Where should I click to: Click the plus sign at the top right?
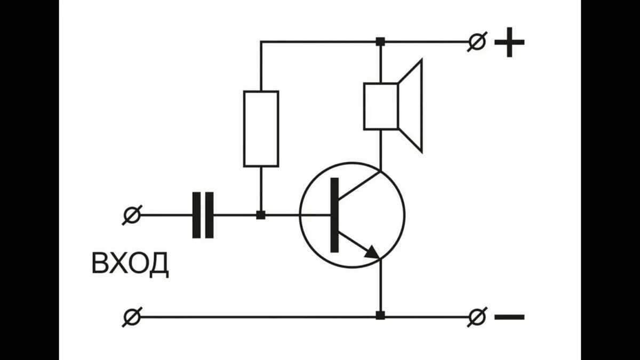coord(509,42)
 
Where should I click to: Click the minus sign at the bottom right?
coord(509,317)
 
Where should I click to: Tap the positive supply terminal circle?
coord(477,42)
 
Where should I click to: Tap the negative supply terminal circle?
coord(477,317)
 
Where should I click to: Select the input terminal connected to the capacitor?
coord(131,215)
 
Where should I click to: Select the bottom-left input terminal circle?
coord(131,317)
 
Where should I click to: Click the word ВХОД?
coord(131,264)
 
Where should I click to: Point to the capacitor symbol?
coord(203,215)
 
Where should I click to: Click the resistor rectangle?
coord(261,129)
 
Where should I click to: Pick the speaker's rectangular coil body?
coord(381,106)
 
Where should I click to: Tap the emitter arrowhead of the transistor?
coord(373,252)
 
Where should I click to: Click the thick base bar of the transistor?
coord(334,215)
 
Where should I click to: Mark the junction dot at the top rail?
coord(380,42)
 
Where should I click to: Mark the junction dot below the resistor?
coord(261,215)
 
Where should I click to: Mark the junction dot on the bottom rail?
coord(380,316)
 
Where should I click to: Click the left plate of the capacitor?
coord(196,215)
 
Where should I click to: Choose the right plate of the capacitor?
coord(210,215)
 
